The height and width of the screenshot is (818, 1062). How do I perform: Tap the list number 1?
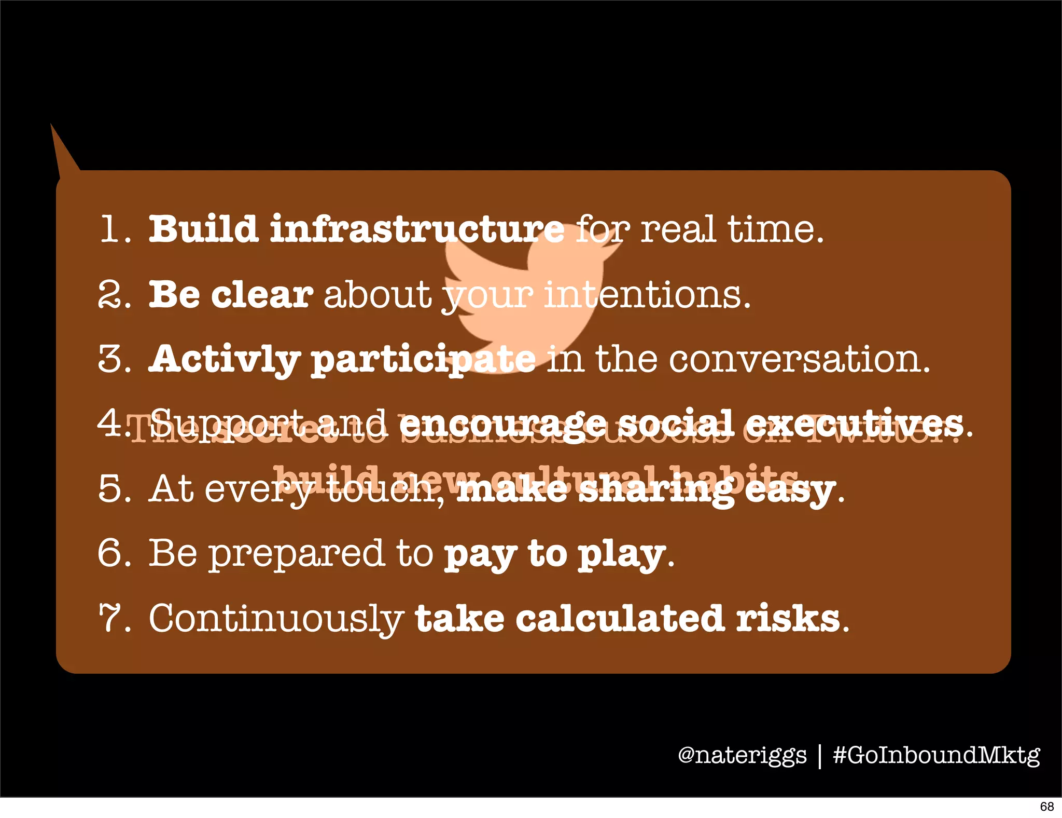pyautogui.click(x=111, y=229)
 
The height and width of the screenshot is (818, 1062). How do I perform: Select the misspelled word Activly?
pyautogui.click(x=224, y=359)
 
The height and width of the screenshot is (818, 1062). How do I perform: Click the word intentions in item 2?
pyautogui.click(x=647, y=294)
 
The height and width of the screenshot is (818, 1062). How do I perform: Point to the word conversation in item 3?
pyautogui.click(x=799, y=359)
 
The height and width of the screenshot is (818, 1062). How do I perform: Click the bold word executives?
pyautogui.click(x=854, y=424)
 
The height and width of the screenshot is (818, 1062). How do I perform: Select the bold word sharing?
pyautogui.click(x=655, y=489)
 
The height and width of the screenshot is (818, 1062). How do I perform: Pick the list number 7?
pyautogui.click(x=111, y=618)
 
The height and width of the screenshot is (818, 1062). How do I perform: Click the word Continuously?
pyautogui.click(x=276, y=619)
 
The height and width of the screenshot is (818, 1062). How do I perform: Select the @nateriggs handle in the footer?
pyautogui.click(x=742, y=755)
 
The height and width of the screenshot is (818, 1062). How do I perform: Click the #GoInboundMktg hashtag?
pyautogui.click(x=936, y=755)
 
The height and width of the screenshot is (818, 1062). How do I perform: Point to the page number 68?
pyautogui.click(x=1046, y=807)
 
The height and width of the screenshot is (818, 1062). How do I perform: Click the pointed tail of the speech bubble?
pyautogui.click(x=58, y=143)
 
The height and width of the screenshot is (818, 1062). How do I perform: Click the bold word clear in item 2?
pyautogui.click(x=262, y=294)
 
